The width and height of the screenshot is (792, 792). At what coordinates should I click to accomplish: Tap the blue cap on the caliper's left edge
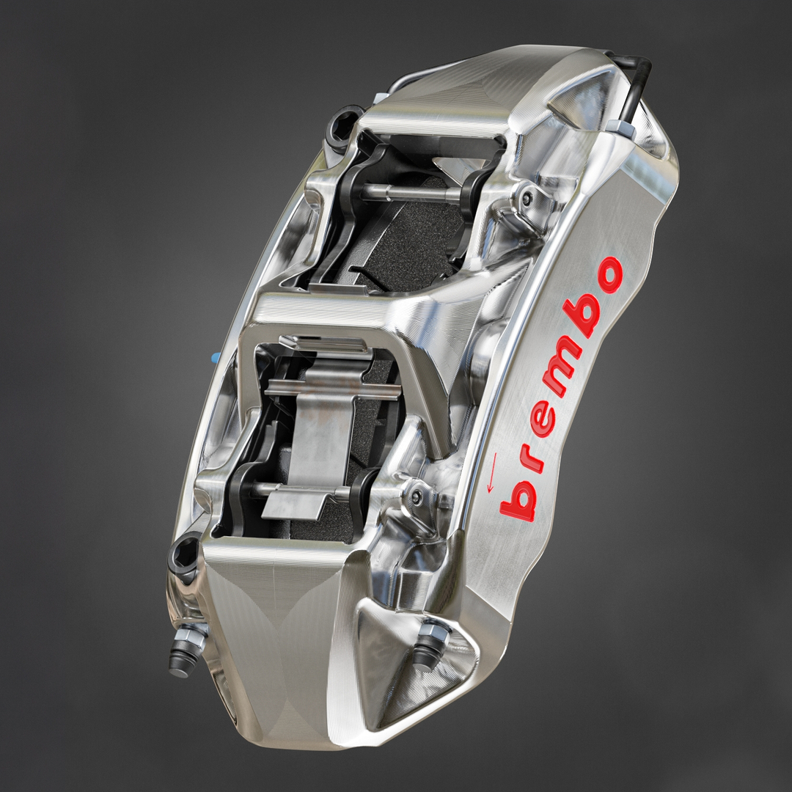pos(215,357)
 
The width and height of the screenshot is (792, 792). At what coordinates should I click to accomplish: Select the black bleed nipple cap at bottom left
pos(178,664)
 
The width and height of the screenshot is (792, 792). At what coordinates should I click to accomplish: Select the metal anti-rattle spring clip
pos(312,425)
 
